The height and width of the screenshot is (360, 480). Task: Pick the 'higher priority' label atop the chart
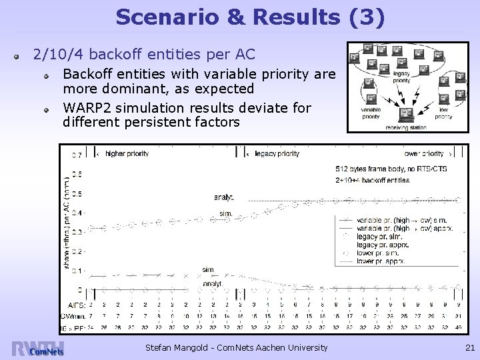127,153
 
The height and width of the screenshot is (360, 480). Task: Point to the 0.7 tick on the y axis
77,155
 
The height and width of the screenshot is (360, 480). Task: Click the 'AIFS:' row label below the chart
76,303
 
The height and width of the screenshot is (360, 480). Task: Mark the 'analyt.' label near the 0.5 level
223,197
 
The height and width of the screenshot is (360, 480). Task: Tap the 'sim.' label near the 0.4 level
225,213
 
